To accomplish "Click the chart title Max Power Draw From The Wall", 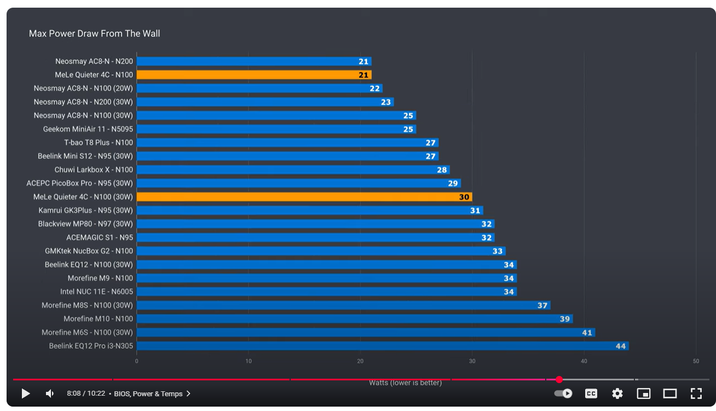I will click(x=94, y=34).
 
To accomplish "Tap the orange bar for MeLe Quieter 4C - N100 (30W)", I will click(x=304, y=197).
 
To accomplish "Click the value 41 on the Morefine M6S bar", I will click(x=587, y=333).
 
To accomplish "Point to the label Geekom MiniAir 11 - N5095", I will click(x=88, y=129).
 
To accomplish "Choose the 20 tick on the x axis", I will click(x=360, y=361).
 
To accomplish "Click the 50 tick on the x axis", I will click(x=696, y=361).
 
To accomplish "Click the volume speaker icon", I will click(x=50, y=393).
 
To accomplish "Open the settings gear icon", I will click(x=617, y=393).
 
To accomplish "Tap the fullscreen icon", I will click(x=696, y=393).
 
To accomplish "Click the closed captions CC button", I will click(x=591, y=393).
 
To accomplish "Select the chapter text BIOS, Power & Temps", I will click(x=149, y=393).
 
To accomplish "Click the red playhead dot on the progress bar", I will click(x=559, y=379).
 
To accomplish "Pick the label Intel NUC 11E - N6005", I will click(x=96, y=292).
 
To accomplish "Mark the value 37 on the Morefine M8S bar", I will click(x=542, y=305).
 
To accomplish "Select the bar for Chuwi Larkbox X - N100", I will click(x=293, y=170).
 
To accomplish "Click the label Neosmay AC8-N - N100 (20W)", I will click(x=83, y=88).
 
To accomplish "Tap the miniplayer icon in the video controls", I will click(x=644, y=393).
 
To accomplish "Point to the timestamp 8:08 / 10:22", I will click(x=86, y=393).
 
